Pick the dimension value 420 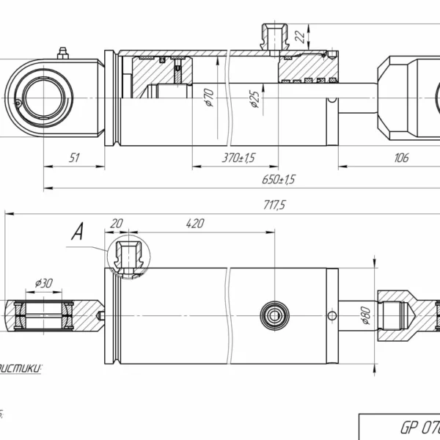194,224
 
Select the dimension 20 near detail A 116,224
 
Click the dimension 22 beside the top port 298,37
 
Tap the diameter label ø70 209,97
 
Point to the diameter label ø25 254,98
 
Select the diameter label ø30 43,283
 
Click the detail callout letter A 76,233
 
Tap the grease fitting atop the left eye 62,53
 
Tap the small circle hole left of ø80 332,316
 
